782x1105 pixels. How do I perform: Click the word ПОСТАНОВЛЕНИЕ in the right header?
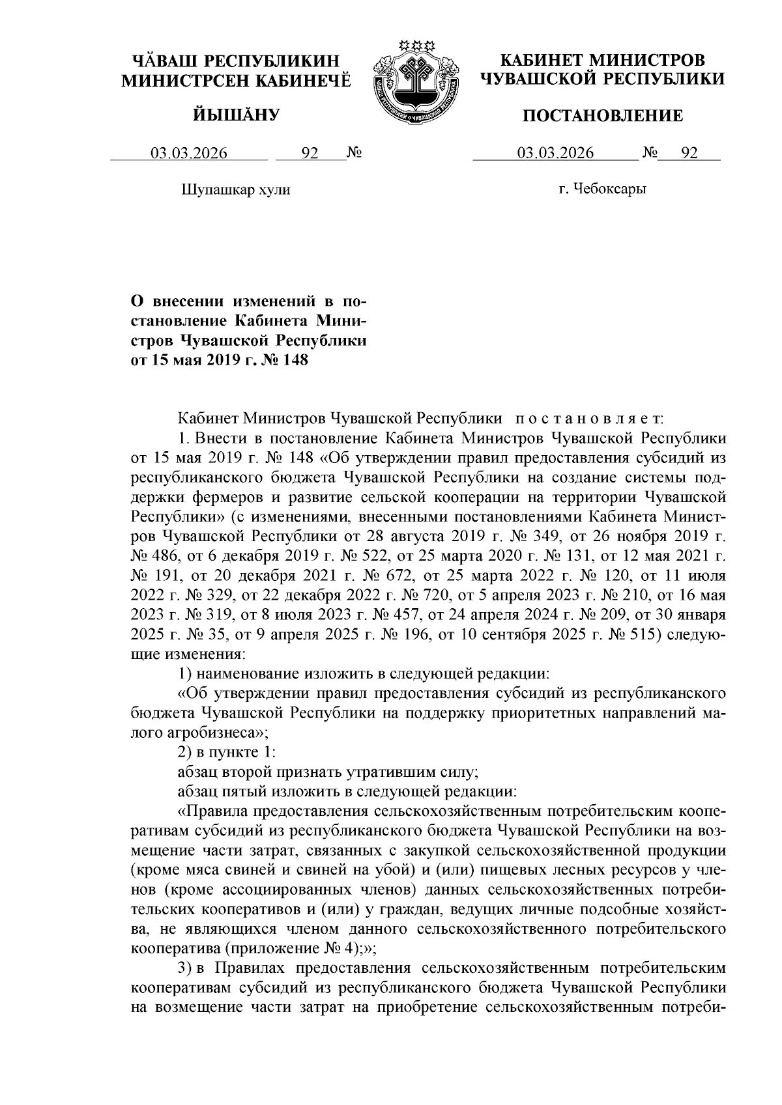603,116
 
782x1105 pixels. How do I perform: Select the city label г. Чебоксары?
602,189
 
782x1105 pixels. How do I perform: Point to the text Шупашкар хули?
235,190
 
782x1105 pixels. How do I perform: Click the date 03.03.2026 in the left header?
189,154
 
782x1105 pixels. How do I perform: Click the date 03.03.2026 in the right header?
555,154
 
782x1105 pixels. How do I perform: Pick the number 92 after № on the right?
689,154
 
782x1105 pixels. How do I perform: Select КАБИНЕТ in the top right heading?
540,61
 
